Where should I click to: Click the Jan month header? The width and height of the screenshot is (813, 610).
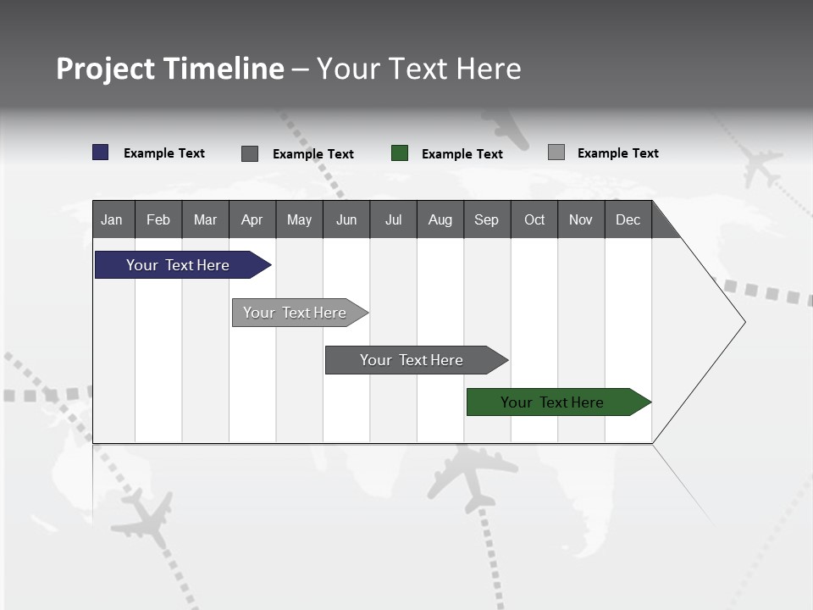113,219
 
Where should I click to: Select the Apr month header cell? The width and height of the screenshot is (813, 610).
252,219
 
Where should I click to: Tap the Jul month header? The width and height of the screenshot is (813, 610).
393,219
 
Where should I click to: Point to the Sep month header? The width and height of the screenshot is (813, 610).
486,219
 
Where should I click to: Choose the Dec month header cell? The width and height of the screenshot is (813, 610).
628,219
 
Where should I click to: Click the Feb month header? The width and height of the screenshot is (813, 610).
158,219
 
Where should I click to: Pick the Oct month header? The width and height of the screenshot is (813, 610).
534,219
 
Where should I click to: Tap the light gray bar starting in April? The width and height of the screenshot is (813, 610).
296,313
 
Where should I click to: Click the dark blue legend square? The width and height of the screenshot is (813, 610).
101,152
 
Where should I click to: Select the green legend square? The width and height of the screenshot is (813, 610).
400,153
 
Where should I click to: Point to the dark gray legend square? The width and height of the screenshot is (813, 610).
250,153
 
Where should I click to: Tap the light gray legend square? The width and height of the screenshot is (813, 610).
556,152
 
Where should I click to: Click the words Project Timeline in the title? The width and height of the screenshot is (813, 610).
170,69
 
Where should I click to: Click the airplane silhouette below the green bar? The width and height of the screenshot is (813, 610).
471,476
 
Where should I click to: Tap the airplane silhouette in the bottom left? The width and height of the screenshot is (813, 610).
143,518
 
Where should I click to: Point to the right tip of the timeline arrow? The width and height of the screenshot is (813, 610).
744,322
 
